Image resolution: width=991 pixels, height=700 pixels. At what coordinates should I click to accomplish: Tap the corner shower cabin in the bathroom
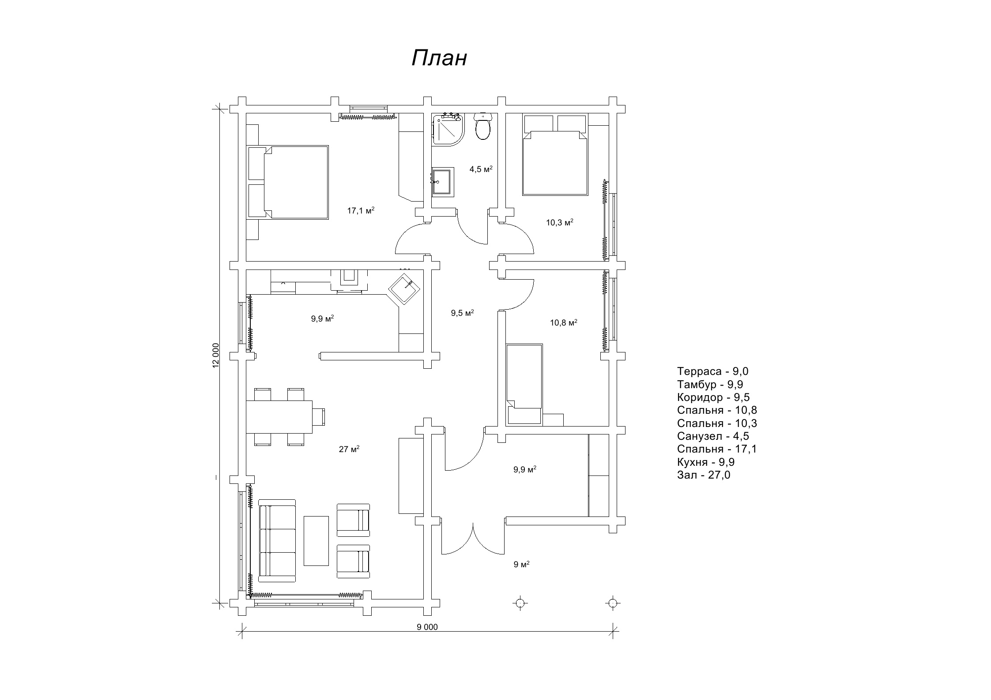coord(448,128)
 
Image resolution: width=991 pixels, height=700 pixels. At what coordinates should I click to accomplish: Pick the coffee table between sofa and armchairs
coord(316,541)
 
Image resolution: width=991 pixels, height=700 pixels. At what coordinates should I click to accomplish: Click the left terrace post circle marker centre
coord(520,603)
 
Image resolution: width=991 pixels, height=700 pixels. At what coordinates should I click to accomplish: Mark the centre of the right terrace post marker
coord(612,603)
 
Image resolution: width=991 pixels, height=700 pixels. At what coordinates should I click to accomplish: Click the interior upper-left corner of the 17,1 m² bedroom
coord(246,113)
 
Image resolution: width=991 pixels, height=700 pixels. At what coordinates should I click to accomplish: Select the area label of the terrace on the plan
coord(521,564)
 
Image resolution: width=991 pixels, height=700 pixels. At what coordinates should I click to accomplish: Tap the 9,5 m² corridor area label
coord(462,313)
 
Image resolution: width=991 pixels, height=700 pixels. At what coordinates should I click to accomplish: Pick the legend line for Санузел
coord(713,436)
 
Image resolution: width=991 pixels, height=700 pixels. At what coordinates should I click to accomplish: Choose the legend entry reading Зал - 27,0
coord(704,475)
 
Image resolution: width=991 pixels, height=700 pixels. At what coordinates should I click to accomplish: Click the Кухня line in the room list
coord(706,462)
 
